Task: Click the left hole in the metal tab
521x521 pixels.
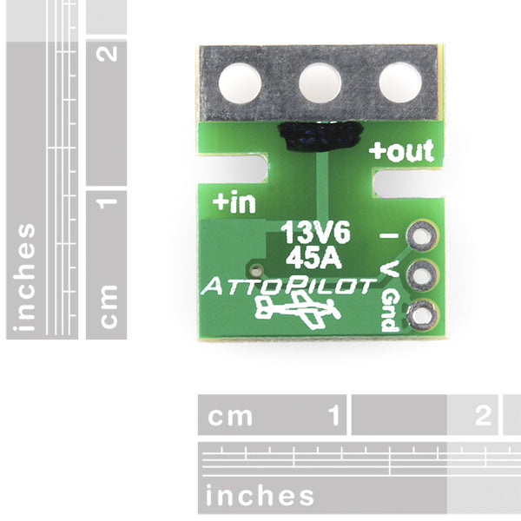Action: [240, 82]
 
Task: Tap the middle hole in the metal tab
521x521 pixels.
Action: [320, 82]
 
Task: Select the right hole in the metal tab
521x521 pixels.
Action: [400, 82]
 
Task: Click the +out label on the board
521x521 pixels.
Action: [401, 151]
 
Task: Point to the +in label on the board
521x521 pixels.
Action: [234, 202]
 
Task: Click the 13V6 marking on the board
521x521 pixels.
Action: [316, 232]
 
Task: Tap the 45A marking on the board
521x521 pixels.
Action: [314, 258]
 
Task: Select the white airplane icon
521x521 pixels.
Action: [298, 312]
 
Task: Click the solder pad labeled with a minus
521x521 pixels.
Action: [422, 236]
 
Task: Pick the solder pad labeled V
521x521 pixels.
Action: [422, 276]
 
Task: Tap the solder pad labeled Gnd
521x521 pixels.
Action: [422, 315]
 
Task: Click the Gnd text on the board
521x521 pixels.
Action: [390, 311]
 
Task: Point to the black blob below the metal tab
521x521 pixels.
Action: [320, 136]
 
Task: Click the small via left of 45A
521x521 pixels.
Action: [256, 271]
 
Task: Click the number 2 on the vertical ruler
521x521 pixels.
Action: [107, 54]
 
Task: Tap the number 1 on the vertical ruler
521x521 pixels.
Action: [107, 203]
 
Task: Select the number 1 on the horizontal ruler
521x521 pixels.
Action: [334, 415]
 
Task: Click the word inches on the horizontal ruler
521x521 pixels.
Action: [260, 495]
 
